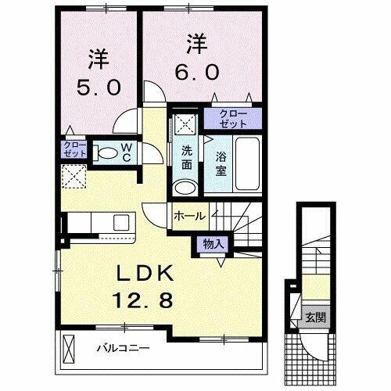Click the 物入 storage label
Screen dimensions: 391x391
[213, 243]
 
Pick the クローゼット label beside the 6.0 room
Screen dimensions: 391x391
[227, 120]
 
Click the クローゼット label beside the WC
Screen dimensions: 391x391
[74, 149]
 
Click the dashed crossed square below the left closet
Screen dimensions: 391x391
[74, 176]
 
